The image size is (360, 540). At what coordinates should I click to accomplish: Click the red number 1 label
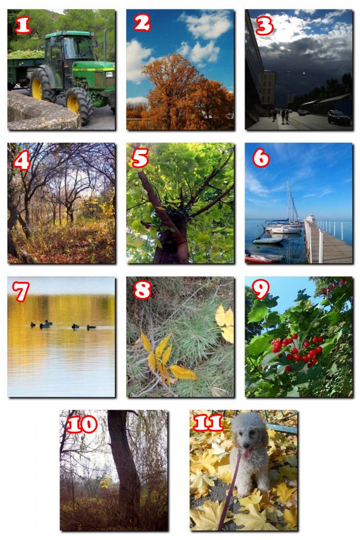click(x=23, y=25)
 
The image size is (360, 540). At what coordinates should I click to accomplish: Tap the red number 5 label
click(x=140, y=158)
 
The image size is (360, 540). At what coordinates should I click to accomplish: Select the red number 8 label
click(x=142, y=290)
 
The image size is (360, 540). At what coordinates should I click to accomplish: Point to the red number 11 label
click(x=208, y=423)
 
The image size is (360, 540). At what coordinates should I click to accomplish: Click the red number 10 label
click(x=82, y=424)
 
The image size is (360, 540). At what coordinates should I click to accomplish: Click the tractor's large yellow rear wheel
click(x=40, y=85)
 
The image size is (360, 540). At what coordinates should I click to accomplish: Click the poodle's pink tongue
click(x=247, y=453)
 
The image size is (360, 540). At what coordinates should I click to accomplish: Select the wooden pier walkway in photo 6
click(x=327, y=243)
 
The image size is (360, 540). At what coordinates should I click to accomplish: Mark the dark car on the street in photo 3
click(x=339, y=117)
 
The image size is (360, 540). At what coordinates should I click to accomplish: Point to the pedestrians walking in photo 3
click(x=280, y=116)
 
